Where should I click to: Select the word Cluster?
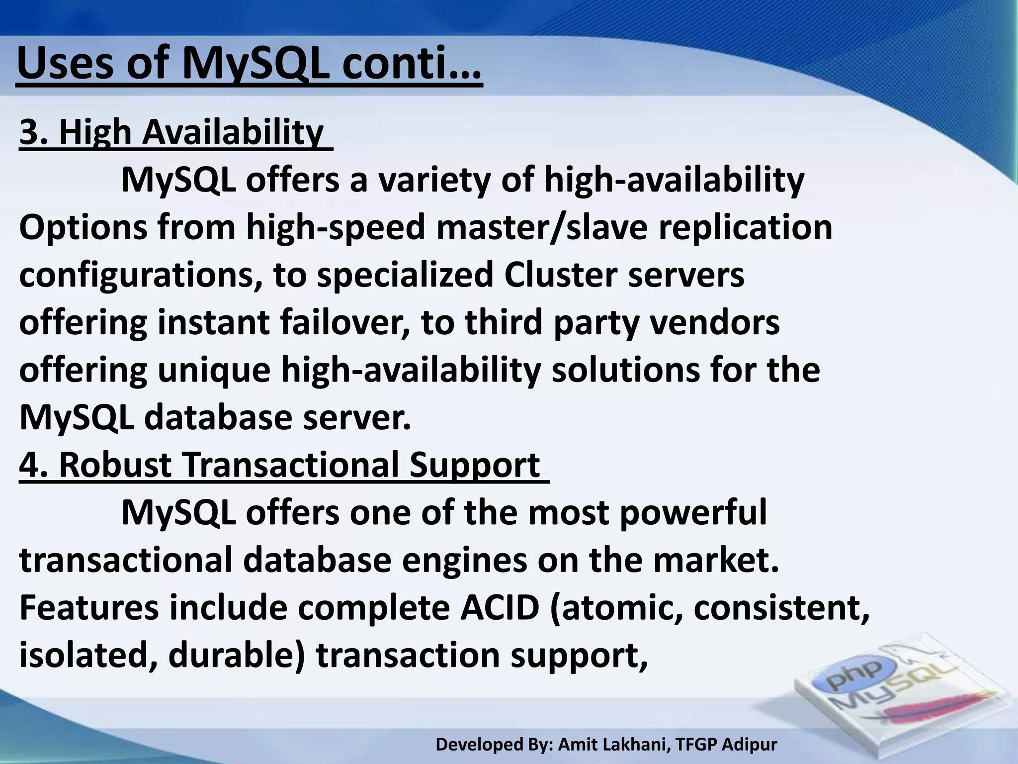(x=560, y=275)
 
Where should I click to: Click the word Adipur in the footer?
(x=749, y=744)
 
